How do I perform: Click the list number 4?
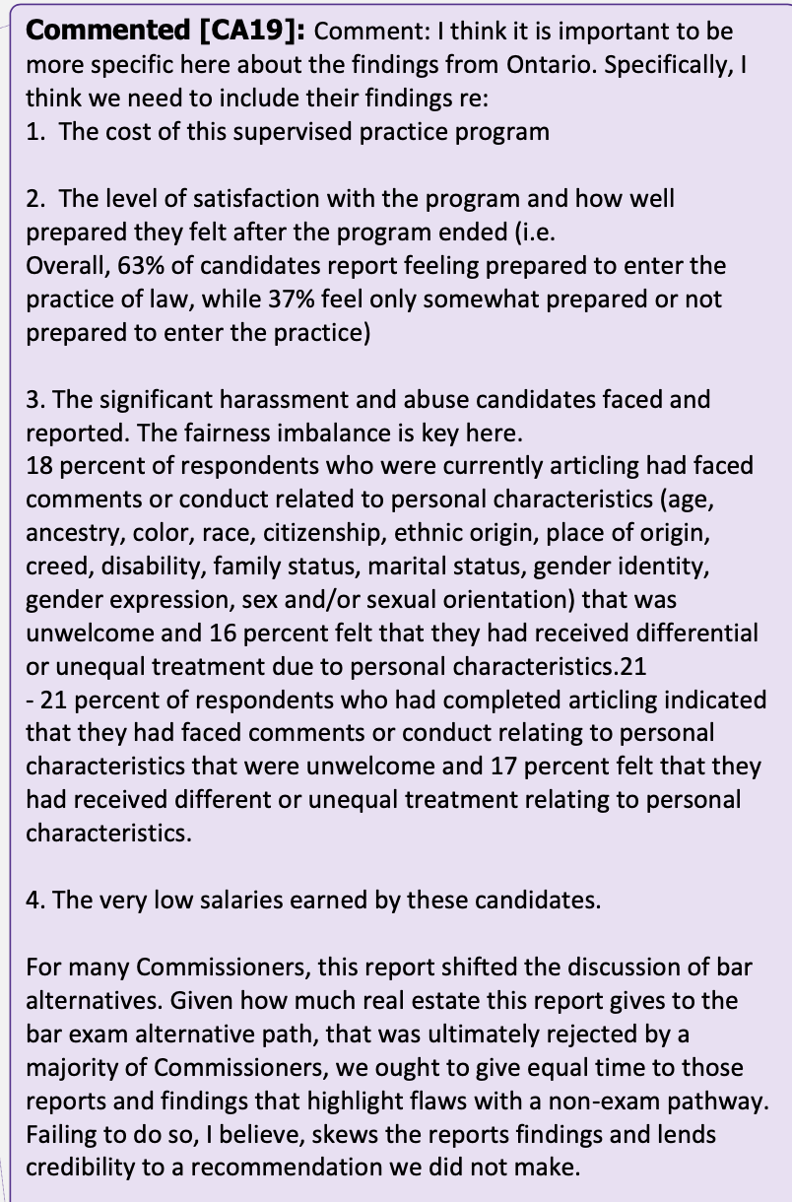click(x=33, y=901)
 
